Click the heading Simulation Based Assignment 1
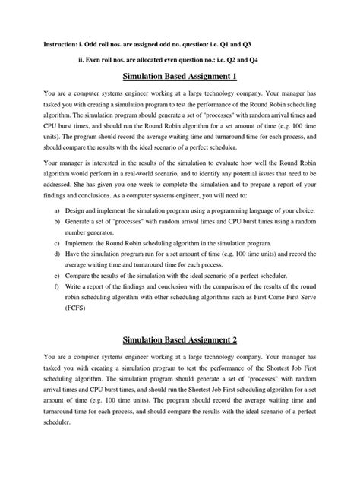[x=180, y=77]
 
